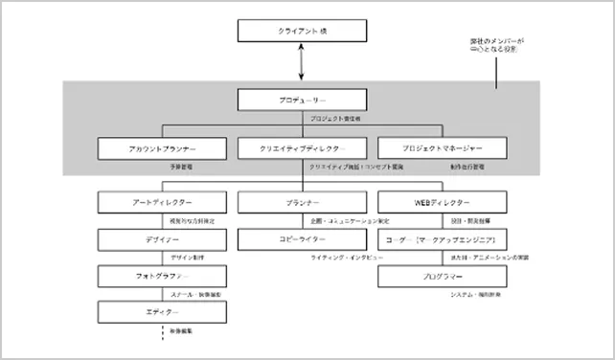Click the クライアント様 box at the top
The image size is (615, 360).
click(x=303, y=32)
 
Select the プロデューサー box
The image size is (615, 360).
click(x=303, y=100)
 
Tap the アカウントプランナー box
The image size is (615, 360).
click(x=162, y=149)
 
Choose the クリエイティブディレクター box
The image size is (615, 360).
click(x=303, y=149)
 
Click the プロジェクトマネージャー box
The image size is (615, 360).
click(x=443, y=149)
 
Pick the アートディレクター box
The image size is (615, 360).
click(x=162, y=203)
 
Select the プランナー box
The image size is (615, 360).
click(x=303, y=203)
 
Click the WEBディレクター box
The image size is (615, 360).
click(x=443, y=203)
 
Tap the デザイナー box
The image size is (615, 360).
click(x=162, y=239)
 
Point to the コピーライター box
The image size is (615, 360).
click(x=303, y=239)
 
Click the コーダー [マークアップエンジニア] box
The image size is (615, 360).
click(x=443, y=239)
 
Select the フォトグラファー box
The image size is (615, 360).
click(x=162, y=276)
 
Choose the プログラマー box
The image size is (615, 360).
click(x=443, y=276)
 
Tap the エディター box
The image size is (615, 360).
click(x=162, y=312)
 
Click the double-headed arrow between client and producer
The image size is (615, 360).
click(x=303, y=63)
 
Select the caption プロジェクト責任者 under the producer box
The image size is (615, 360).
click(x=335, y=120)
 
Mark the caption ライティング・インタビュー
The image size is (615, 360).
click(x=346, y=259)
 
